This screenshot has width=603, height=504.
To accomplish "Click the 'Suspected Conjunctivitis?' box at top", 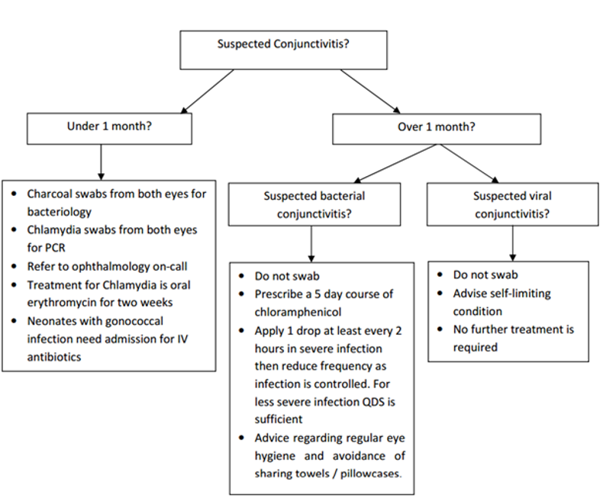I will [284, 49].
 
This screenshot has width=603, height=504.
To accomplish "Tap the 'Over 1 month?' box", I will [436, 127].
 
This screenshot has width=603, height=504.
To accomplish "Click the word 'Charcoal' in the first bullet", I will [51, 194].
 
